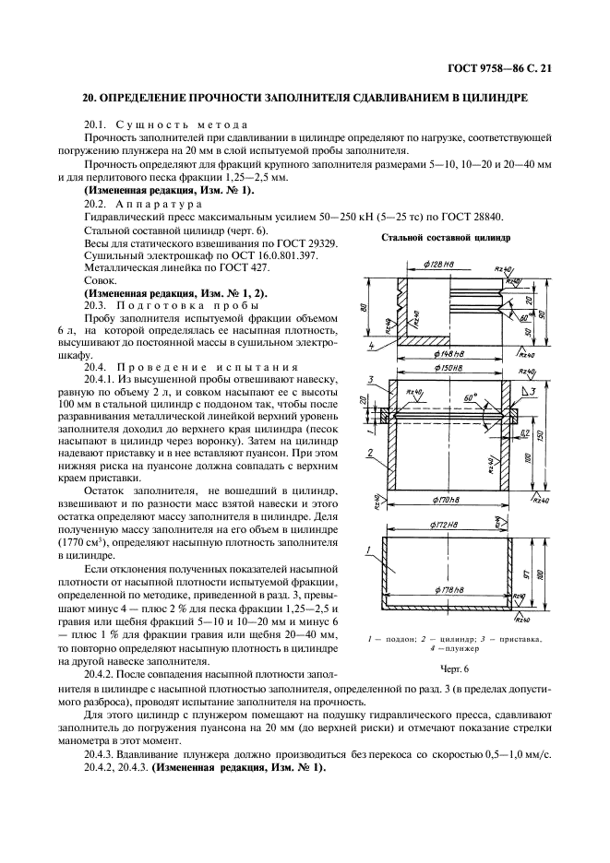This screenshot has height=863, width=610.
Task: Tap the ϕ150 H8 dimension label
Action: (x=451, y=371)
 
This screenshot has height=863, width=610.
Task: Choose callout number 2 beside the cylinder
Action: (x=368, y=453)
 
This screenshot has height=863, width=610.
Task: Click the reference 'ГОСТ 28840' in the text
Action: (x=476, y=216)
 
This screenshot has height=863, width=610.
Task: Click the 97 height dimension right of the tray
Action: (x=522, y=576)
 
